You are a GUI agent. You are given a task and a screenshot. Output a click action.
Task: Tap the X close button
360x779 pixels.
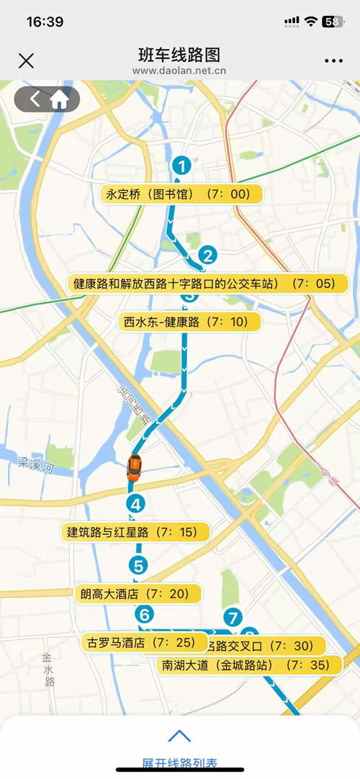pos(26,60)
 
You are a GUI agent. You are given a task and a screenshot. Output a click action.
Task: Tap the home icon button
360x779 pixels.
pos(59,99)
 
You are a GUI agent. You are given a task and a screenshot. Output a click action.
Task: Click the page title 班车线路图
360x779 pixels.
pos(179,55)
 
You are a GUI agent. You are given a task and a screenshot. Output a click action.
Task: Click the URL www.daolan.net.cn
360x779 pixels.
pos(179,71)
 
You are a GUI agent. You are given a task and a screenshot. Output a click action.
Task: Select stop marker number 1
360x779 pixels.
pos(182,166)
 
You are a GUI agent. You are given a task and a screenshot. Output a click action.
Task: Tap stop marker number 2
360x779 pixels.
pos(207,255)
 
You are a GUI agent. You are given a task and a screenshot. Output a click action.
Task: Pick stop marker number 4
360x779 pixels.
pos(135,504)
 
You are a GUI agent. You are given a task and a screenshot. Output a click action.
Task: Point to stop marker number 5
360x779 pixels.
pos(139,565)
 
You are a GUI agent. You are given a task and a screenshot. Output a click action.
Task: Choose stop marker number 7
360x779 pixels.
pos(232,617)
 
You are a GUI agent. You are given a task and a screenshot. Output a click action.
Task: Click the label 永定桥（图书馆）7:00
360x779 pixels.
pos(181,194)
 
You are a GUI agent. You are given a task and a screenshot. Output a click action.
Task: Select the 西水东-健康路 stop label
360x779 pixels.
pos(189,322)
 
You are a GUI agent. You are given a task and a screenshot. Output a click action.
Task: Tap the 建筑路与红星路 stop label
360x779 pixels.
pos(135,533)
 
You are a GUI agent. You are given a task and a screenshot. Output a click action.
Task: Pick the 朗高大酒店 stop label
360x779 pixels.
pos(138,594)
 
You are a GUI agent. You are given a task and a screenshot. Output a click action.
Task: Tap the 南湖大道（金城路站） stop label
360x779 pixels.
pos(248,665)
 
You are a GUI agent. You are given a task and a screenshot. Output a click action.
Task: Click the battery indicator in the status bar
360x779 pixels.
pos(333,22)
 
